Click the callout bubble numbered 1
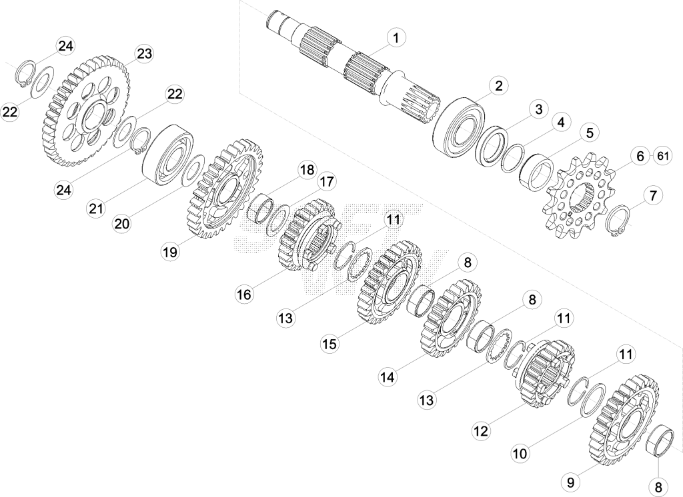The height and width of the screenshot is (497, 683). pyautogui.click(x=396, y=38)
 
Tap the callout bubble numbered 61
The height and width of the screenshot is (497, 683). pyautogui.click(x=662, y=156)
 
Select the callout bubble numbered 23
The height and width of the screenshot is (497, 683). pyautogui.click(x=144, y=53)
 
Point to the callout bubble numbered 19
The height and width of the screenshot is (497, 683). pyautogui.click(x=170, y=252)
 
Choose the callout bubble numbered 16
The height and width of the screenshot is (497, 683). pyautogui.click(x=244, y=294)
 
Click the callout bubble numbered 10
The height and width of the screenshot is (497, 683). pyautogui.click(x=520, y=453)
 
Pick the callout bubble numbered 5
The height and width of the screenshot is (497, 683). pyautogui.click(x=590, y=133)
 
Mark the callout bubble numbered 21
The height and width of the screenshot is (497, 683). pyautogui.click(x=96, y=209)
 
